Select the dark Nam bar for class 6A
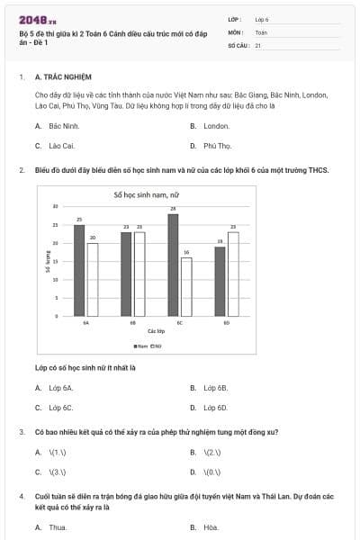pyautogui.click(x=79, y=270)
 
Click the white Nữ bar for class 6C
pyautogui.click(x=185, y=286)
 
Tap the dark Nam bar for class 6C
pyautogui.click(x=173, y=265)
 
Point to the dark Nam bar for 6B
pyautogui.click(x=126, y=274)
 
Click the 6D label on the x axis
pyautogui.click(x=227, y=321)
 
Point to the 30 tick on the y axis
pyautogui.click(x=56, y=206)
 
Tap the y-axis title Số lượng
pyautogui.click(x=47, y=262)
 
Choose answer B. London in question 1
pyautogui.click(x=210, y=126)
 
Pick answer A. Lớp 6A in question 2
pyautogui.click(x=55, y=388)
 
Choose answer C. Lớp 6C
pyautogui.click(x=55, y=407)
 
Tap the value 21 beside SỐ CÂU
pyautogui.click(x=258, y=44)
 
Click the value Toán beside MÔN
pyautogui.click(x=261, y=31)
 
